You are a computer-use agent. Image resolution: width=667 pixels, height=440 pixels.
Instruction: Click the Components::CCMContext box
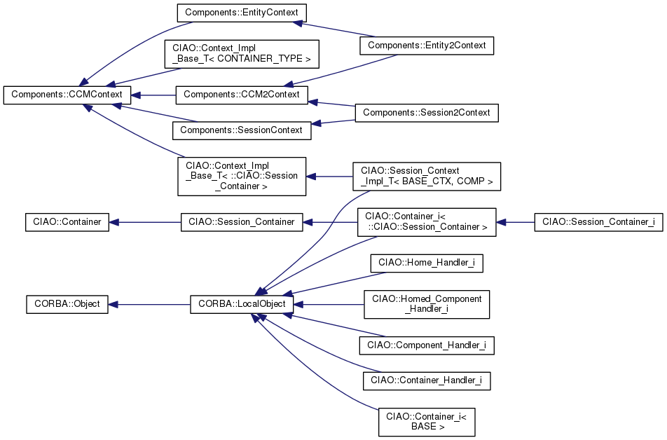coord(67,95)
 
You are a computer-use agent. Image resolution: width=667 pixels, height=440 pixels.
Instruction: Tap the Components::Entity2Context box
coord(427,46)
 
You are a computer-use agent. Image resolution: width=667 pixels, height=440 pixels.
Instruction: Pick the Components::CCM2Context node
coord(241,95)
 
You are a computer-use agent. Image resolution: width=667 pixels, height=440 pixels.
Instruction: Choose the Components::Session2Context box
coord(427,112)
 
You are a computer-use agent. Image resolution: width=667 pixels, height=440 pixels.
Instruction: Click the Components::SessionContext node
coord(241,130)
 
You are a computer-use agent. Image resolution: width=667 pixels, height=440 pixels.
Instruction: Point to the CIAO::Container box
coord(67,222)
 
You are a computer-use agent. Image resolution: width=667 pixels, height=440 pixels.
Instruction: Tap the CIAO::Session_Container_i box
coord(598,222)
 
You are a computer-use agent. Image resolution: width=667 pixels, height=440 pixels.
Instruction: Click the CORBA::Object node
coord(67,305)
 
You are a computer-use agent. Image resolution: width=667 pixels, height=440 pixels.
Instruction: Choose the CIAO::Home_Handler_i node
coord(427,263)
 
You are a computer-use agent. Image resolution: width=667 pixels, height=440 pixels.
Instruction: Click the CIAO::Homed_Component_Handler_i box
coord(427,304)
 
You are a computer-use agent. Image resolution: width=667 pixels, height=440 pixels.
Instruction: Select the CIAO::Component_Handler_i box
coord(427,345)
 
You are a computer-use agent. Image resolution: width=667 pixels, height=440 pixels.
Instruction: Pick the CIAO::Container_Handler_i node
coord(427,380)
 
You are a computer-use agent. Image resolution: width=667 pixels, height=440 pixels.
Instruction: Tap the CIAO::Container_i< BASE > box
coord(427,421)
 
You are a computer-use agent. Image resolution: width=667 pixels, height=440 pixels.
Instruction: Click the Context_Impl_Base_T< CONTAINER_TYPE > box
coord(241,53)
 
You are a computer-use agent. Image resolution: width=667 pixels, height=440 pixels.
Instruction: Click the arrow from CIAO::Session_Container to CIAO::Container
coord(145,222)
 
